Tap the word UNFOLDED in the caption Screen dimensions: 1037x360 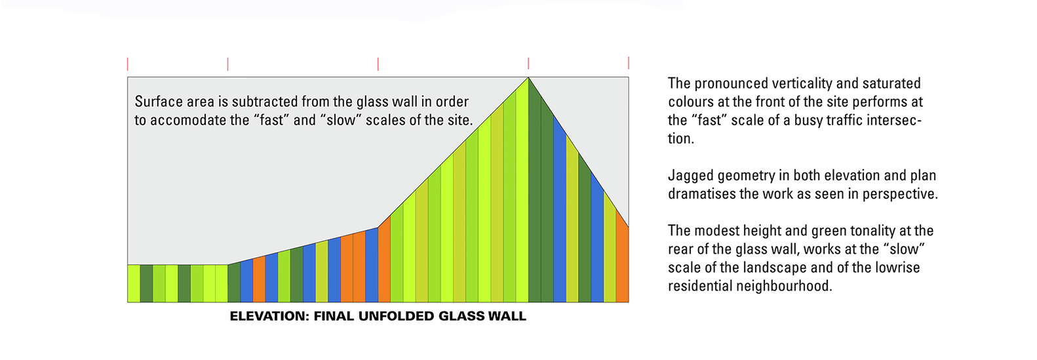click(396, 316)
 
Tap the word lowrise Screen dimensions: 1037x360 click(897, 268)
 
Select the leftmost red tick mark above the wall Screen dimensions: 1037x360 click(128, 64)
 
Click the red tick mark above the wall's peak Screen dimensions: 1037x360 click(528, 64)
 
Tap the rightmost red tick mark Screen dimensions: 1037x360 click(629, 62)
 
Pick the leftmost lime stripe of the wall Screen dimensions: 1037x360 click(134, 283)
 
